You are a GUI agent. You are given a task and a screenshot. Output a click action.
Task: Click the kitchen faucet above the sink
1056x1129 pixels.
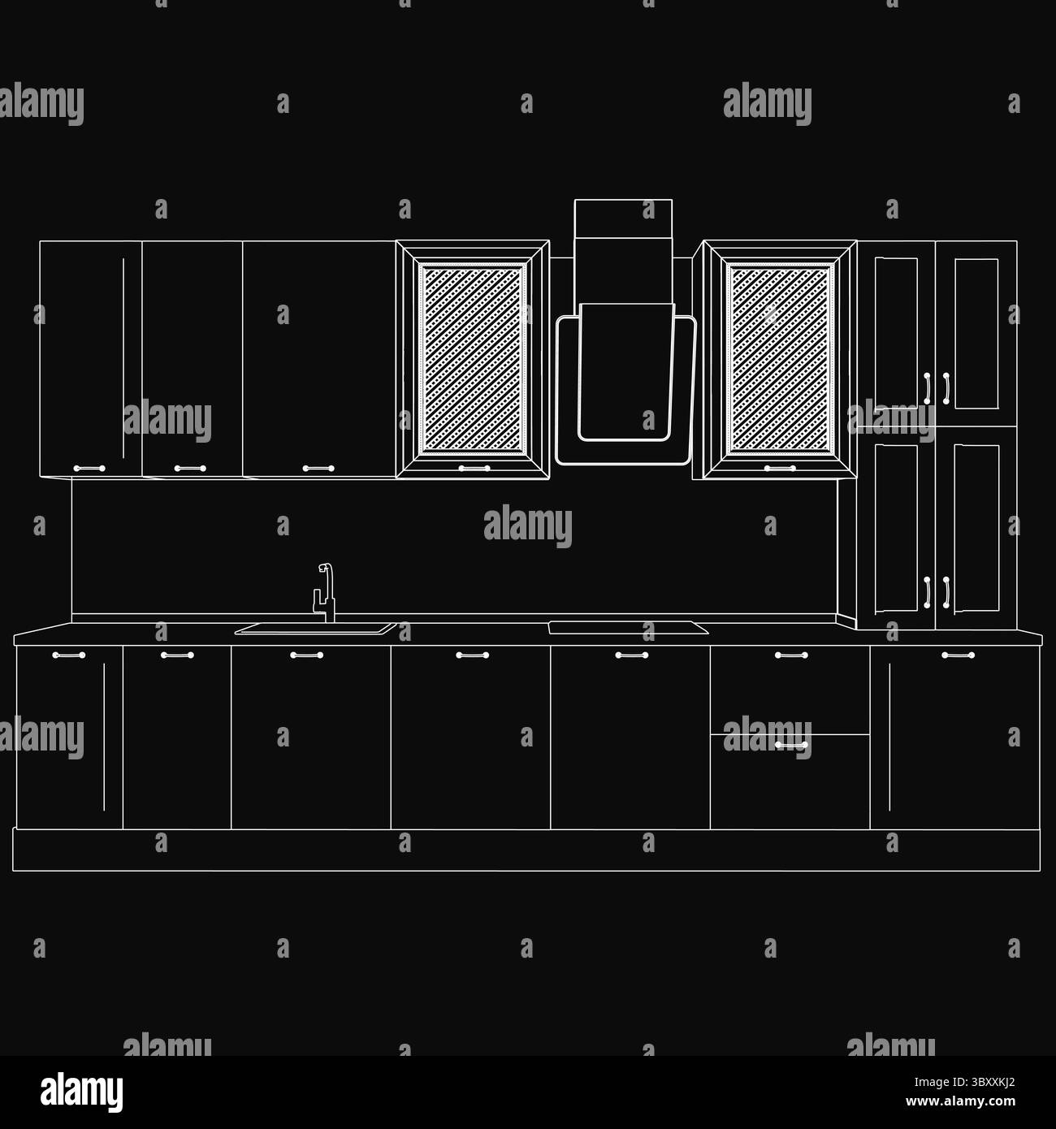tap(325, 593)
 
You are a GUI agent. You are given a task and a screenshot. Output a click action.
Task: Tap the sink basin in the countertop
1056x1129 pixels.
tap(314, 628)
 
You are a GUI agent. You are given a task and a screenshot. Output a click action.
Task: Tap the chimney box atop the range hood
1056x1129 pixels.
tap(623, 218)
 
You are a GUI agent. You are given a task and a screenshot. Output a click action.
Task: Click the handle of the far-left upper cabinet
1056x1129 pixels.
tap(89, 469)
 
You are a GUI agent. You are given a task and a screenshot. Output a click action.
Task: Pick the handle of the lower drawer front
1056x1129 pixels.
tap(790, 744)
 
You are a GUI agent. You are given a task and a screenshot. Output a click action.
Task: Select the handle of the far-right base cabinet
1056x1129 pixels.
tap(958, 655)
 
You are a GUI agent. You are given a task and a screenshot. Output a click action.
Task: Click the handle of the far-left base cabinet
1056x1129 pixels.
tap(68, 655)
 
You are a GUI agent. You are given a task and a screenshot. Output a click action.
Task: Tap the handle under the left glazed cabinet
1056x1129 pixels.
tap(473, 469)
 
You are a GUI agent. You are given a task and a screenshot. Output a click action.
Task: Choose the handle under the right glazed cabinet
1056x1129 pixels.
tap(780, 469)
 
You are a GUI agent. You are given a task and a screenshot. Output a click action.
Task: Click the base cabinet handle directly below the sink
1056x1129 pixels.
tap(307, 655)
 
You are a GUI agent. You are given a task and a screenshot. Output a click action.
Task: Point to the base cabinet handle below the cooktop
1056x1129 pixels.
tap(631, 655)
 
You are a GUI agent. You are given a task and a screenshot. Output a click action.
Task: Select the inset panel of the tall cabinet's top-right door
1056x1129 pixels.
tap(976, 333)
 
